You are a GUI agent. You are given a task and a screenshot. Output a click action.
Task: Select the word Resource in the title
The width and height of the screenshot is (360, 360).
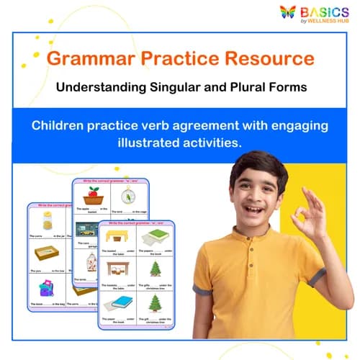click(x=271, y=58)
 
